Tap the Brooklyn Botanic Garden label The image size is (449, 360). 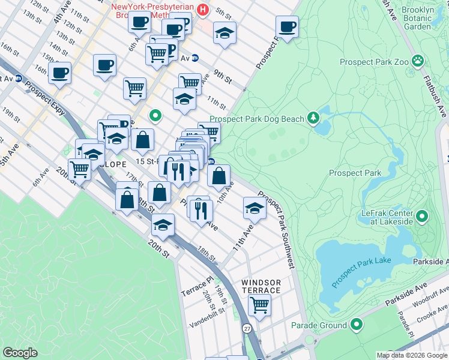(x=418, y=19)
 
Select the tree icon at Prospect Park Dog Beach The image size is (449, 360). (x=313, y=119)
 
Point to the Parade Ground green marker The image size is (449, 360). (x=357, y=325)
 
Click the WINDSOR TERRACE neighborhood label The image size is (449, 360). (x=261, y=286)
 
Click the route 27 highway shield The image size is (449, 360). (x=247, y=329)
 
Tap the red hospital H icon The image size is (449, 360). (x=203, y=9)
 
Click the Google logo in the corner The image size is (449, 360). (x=20, y=352)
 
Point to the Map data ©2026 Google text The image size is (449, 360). (x=411, y=355)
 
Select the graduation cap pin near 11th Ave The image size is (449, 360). (x=255, y=208)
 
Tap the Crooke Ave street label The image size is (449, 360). (x=433, y=309)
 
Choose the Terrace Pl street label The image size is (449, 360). (x=197, y=287)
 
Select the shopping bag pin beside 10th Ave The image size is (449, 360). (x=218, y=176)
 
